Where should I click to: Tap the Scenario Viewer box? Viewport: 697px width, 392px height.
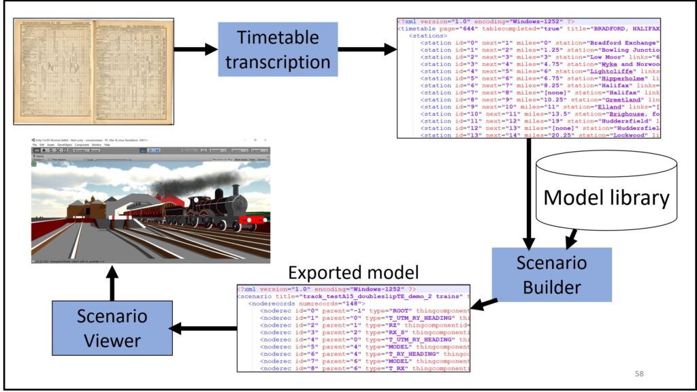click(112, 329)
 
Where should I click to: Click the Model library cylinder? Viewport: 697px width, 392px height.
click(606, 197)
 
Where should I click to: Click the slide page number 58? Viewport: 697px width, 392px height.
click(638, 373)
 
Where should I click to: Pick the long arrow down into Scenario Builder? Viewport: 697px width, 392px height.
click(530, 191)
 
